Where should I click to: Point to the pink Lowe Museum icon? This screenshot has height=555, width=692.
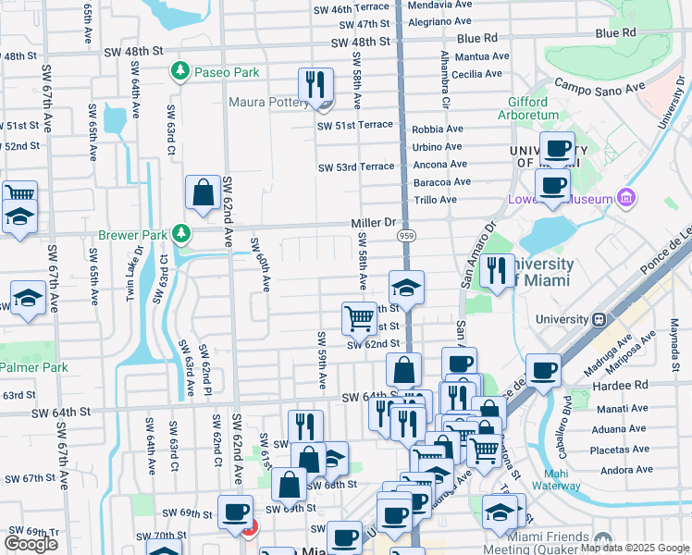pyautogui.click(x=627, y=198)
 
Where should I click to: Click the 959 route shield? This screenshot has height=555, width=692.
pyautogui.click(x=406, y=237)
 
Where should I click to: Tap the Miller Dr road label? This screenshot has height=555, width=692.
pyautogui.click(x=373, y=223)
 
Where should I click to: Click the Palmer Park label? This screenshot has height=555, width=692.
pyautogui.click(x=33, y=367)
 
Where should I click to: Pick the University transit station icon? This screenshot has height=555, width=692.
pyautogui.click(x=599, y=319)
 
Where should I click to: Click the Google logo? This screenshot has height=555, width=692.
pyautogui.click(x=31, y=543)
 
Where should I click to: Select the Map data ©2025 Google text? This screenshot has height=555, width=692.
pyautogui.click(x=634, y=548)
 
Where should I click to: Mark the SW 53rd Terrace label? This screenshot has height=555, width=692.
pyautogui.click(x=355, y=167)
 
